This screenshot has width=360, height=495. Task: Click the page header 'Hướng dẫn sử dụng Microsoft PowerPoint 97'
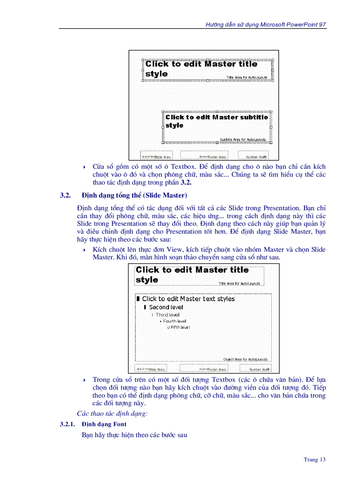[266, 25]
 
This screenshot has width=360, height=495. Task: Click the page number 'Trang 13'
[315, 460]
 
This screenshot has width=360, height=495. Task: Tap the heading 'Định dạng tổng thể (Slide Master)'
[134, 195]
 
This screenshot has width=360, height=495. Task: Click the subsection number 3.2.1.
[68, 424]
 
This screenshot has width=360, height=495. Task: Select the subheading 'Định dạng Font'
[104, 424]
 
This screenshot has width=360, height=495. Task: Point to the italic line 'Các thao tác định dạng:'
[112, 413]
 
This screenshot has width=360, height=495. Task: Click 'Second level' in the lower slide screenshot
[166, 307]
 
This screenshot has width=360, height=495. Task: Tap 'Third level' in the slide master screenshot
[168, 315]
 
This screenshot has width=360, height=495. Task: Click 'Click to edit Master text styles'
[188, 299]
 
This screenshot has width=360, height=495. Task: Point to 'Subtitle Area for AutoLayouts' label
[243, 139]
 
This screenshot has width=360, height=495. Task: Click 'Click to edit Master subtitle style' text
[217, 121]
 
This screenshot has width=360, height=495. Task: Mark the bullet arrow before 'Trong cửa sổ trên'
[84, 380]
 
